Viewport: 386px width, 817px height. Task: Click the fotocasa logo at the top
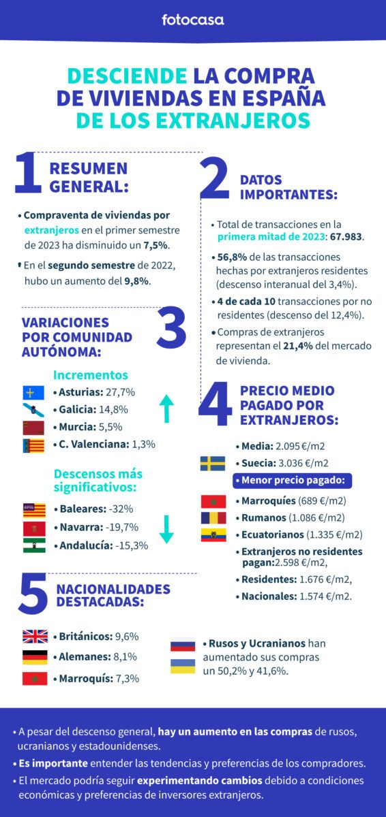[192, 20]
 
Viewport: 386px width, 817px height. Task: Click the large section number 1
[28, 175]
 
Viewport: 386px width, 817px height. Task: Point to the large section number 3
[170, 330]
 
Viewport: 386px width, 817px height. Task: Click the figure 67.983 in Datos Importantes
[346, 237]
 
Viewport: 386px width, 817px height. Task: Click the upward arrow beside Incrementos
[167, 409]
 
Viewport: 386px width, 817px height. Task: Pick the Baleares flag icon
[33, 509]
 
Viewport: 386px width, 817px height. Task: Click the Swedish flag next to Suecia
[213, 464]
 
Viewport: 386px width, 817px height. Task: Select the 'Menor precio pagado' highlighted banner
[291, 481]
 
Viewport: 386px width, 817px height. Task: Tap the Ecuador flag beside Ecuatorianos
[213, 534]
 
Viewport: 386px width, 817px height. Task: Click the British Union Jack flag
[35, 637]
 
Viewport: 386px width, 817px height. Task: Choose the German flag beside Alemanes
[35, 657]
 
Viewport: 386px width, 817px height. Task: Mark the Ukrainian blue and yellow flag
[182, 667]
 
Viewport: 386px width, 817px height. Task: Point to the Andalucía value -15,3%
[130, 545]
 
